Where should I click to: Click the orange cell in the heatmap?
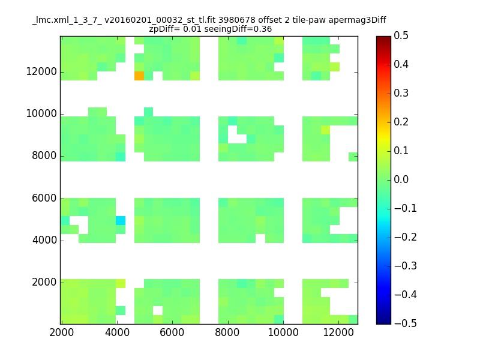[139, 76]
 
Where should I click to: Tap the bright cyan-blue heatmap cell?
[121, 220]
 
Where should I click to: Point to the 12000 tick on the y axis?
[41, 71]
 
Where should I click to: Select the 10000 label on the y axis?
[41, 113]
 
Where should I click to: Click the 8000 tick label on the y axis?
[44, 155]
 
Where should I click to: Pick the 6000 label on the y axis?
[44, 198]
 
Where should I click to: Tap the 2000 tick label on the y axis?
[44, 282]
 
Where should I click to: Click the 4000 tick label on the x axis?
[117, 332]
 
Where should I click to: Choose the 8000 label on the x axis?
[227, 332]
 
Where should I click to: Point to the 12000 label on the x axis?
[338, 332]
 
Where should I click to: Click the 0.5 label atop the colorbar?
[401, 35]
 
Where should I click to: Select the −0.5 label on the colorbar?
[406, 323]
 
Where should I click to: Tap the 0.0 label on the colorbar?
[401, 179]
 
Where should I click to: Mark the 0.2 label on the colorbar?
[401, 122]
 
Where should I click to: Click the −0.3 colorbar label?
[406, 266]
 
